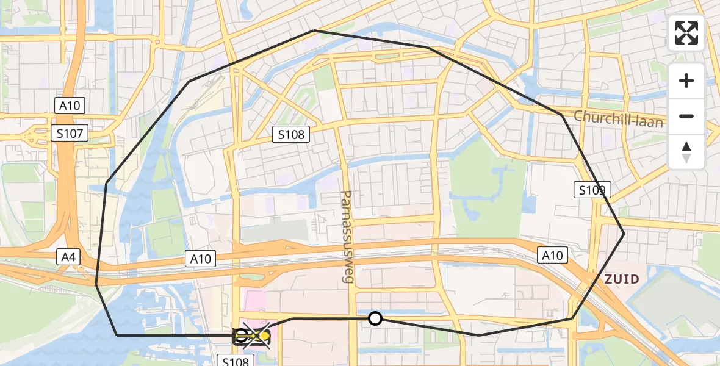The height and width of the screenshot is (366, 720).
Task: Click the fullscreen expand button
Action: click(686, 33)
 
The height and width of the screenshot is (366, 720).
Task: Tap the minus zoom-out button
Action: click(686, 116)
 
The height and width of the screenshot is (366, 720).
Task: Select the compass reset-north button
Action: click(686, 152)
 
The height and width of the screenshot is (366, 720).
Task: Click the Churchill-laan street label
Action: click(618, 118)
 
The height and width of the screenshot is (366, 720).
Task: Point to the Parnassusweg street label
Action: click(347, 237)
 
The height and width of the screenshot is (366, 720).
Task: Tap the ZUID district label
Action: click(622, 279)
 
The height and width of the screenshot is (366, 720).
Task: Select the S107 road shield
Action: click(70, 133)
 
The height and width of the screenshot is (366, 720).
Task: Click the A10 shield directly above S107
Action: click(70, 106)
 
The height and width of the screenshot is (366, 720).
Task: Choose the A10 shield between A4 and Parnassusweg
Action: click(200, 259)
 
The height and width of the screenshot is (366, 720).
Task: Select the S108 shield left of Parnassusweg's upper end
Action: click(291, 134)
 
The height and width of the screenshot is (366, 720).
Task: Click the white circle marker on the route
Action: click(375, 318)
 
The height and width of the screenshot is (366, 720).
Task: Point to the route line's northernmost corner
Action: click(314, 30)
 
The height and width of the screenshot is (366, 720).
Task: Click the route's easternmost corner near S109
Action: click(624, 234)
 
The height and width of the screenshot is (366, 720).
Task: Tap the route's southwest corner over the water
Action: click(117, 335)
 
